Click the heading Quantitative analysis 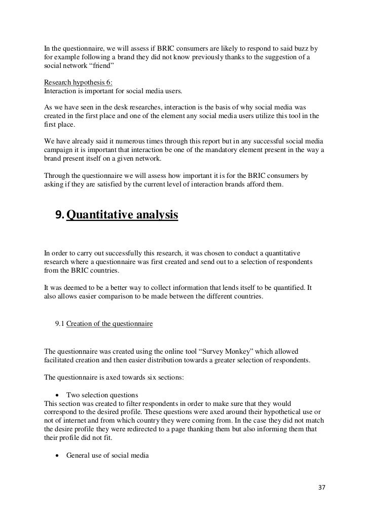coord(122,215)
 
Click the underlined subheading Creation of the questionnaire coord(109,322)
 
